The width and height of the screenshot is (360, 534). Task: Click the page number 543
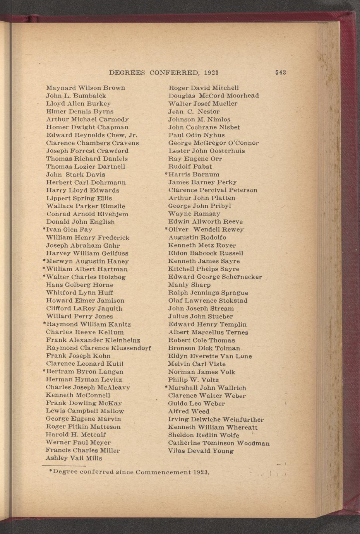tap(280, 72)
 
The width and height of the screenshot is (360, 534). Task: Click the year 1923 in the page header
tap(211, 73)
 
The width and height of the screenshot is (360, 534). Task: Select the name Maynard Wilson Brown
tap(86, 88)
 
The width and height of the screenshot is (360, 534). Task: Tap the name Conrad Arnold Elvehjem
tap(87, 214)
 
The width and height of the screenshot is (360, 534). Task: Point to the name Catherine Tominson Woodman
tap(219, 443)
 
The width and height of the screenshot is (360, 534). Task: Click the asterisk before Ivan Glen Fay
tap(44, 229)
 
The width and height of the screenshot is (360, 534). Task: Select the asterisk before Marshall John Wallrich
tap(166, 387)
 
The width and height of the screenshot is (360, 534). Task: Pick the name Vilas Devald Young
tap(201, 451)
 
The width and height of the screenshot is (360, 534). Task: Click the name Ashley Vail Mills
tap(74, 458)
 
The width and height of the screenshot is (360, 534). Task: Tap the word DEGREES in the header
tap(127, 73)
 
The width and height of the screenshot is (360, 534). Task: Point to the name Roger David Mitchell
tap(204, 88)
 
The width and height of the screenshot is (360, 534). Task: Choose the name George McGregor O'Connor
tap(213, 143)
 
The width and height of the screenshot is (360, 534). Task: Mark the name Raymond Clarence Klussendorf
tap(98, 348)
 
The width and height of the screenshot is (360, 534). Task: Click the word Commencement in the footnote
tap(163, 472)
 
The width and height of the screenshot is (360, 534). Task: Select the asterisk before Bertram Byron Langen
tap(44, 371)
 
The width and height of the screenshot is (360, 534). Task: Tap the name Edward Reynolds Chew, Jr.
tap(92, 135)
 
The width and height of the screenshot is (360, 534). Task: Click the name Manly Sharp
tap(189, 285)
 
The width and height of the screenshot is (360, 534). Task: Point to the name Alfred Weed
tap(189, 411)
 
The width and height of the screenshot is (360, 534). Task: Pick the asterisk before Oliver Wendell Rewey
tap(166, 229)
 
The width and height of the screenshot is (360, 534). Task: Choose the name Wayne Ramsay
tap(194, 214)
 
